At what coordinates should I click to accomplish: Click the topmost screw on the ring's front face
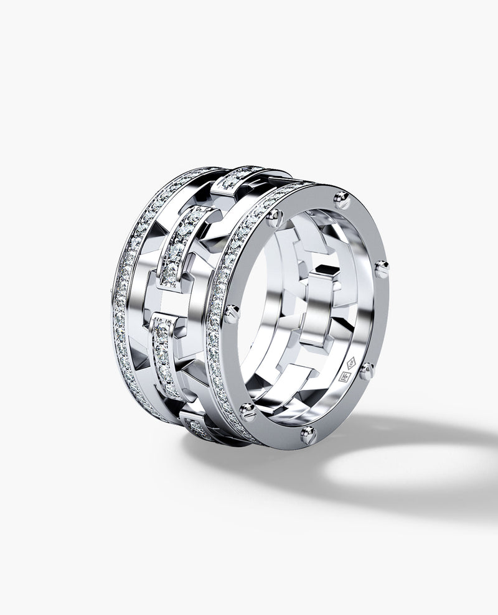tap(341, 199)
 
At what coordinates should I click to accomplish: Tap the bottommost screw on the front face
tap(308, 433)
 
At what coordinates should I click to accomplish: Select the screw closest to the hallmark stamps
tap(367, 371)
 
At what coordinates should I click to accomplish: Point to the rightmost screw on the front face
tap(381, 269)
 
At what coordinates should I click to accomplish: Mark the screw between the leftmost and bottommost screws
tap(248, 410)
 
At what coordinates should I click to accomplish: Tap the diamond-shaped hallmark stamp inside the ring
tap(350, 362)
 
